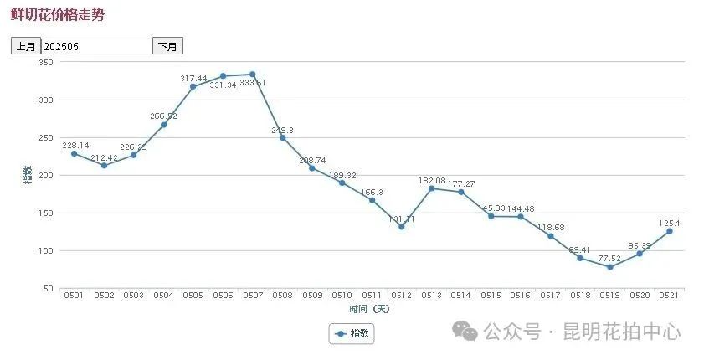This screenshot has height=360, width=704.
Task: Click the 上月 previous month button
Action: pyautogui.click(x=26, y=47)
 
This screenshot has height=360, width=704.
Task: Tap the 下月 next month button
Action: pyautogui.click(x=167, y=47)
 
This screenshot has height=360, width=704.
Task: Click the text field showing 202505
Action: pyautogui.click(x=96, y=47)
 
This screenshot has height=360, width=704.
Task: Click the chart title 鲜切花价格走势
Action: pyautogui.click(x=58, y=15)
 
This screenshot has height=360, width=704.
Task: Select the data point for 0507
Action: pyautogui.click(x=253, y=75)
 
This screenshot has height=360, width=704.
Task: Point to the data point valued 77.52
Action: pyautogui.click(x=610, y=267)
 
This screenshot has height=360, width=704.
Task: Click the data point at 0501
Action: pyautogui.click(x=74, y=153)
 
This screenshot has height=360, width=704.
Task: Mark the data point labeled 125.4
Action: pyautogui.click(x=670, y=231)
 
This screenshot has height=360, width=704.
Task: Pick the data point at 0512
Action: pyautogui.click(x=402, y=227)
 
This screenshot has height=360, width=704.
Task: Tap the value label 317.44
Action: pyautogui.click(x=193, y=78)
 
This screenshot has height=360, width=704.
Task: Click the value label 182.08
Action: pyautogui.click(x=432, y=180)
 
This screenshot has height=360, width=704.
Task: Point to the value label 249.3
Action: pyautogui.click(x=283, y=130)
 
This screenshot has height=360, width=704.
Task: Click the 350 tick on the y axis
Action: pyautogui.click(x=46, y=63)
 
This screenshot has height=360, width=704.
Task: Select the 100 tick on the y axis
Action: pyautogui.click(x=46, y=250)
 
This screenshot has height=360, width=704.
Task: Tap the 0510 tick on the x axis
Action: pyautogui.click(x=342, y=296)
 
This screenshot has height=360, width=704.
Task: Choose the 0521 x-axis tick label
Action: pyautogui.click(x=670, y=296)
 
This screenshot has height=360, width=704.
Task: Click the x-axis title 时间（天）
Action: pyautogui.click(x=370, y=308)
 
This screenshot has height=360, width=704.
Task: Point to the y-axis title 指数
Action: pyautogui.click(x=28, y=174)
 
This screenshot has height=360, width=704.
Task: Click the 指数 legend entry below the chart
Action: pyautogui.click(x=352, y=333)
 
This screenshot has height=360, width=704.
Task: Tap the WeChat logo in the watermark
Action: pyautogui.click(x=465, y=332)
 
